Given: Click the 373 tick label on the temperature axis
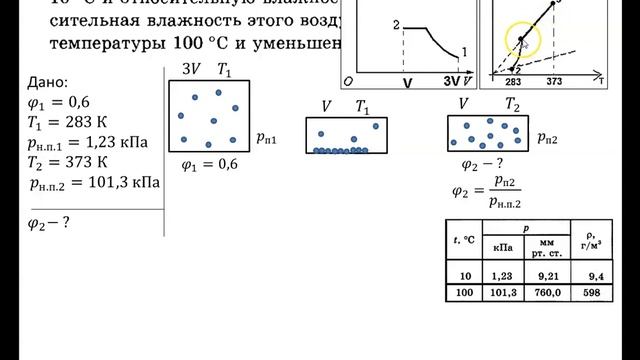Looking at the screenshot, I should (x=559, y=83).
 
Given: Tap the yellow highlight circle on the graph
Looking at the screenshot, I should (x=523, y=41).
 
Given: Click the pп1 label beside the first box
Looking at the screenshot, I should (x=266, y=141).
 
